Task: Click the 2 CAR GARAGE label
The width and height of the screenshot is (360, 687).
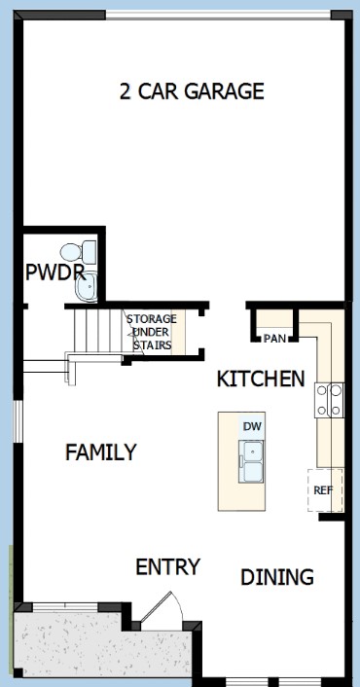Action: [192, 91]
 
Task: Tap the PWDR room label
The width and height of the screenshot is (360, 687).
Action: [55, 272]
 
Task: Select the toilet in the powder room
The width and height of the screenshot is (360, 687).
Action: [79, 252]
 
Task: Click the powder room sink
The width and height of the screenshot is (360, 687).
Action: [86, 286]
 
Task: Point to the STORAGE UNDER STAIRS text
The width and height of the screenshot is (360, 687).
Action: [152, 332]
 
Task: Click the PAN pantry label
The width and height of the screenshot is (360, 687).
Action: [275, 339]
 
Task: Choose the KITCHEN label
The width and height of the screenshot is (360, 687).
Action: [261, 379]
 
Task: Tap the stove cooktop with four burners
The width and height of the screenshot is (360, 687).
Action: [329, 400]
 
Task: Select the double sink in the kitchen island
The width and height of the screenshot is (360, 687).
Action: [251, 462]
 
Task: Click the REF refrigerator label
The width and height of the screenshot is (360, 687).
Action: [323, 490]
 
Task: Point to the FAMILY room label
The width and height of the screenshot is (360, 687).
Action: [101, 452]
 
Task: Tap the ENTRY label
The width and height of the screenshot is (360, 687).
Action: [168, 567]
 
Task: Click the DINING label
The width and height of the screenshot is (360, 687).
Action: [277, 577]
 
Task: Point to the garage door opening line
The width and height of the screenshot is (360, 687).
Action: [218, 15]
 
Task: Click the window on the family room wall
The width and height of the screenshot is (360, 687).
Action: [18, 421]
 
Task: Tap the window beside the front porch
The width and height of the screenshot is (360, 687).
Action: [65, 607]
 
